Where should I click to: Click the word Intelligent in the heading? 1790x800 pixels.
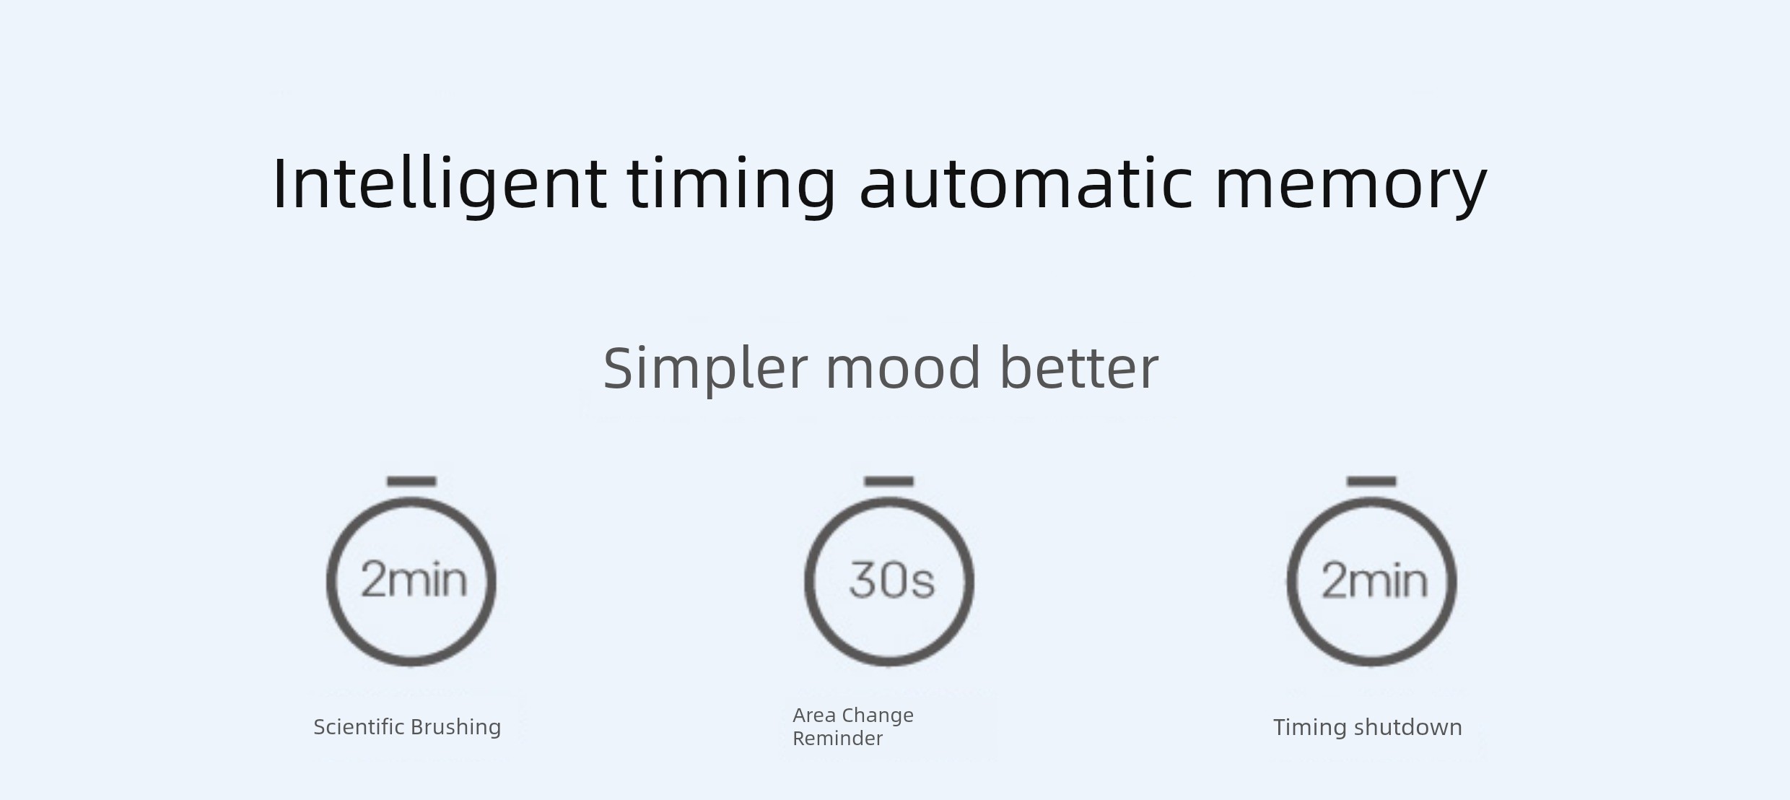click(x=440, y=183)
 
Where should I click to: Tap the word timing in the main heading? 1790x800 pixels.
click(x=730, y=183)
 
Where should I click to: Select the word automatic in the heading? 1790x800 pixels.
click(x=1026, y=183)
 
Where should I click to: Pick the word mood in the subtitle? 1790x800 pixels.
click(x=903, y=368)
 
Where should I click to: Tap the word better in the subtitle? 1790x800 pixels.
click(x=1079, y=368)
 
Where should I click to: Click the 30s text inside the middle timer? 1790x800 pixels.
click(x=891, y=580)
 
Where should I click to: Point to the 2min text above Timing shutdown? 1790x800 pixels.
click(x=1374, y=581)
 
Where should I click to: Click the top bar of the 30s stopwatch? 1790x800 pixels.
click(x=889, y=481)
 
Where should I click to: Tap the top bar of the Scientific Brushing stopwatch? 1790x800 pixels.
click(x=411, y=481)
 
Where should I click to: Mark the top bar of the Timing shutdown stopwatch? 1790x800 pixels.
click(x=1371, y=481)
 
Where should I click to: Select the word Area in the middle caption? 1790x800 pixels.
click(x=814, y=716)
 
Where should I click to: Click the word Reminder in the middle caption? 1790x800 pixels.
click(x=837, y=739)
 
